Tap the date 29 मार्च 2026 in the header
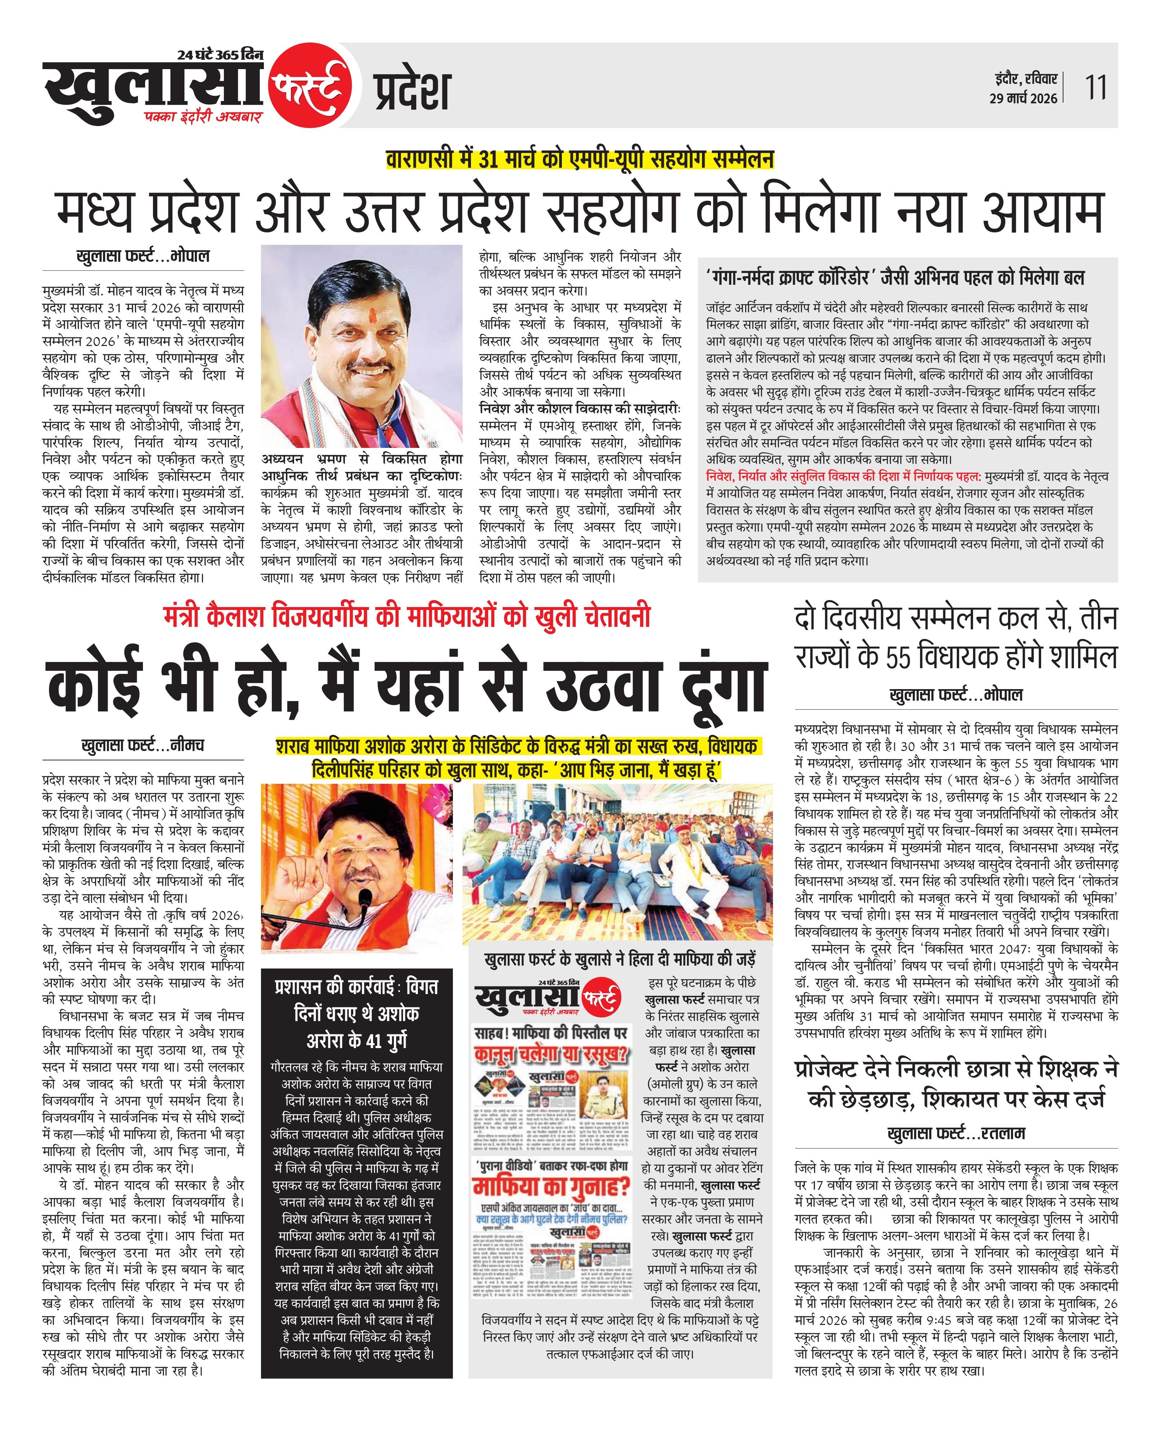point(1023,98)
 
